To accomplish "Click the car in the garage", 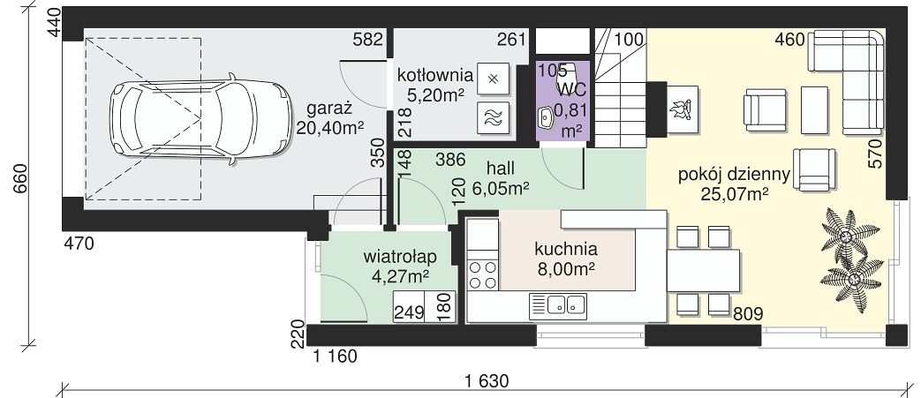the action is [x=200, y=118].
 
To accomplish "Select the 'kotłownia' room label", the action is [x=435, y=75].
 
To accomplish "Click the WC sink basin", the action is [x=546, y=118].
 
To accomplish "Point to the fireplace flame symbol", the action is [x=683, y=109].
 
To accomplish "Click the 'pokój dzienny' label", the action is [x=733, y=175].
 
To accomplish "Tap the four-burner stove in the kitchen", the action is [x=482, y=275].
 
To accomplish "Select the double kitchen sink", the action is [x=558, y=305].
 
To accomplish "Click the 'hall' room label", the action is [x=501, y=169].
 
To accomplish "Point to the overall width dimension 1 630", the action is [x=486, y=380].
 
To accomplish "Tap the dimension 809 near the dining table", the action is [x=748, y=314].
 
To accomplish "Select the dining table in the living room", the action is [x=703, y=271].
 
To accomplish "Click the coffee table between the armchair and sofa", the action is [x=814, y=109].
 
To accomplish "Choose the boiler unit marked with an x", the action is [x=494, y=79].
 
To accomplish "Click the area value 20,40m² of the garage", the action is [x=330, y=128].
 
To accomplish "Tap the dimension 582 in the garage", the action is [x=368, y=40].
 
